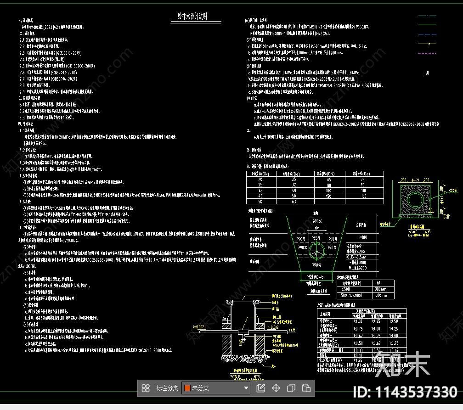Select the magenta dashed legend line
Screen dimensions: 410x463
point(427,53)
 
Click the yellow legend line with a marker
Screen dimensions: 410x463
point(427,44)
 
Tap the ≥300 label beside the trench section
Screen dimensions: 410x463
point(363,237)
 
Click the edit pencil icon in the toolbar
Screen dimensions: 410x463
point(260,388)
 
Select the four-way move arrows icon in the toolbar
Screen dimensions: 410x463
point(276,388)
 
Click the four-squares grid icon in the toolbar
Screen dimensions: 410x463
point(146,388)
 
